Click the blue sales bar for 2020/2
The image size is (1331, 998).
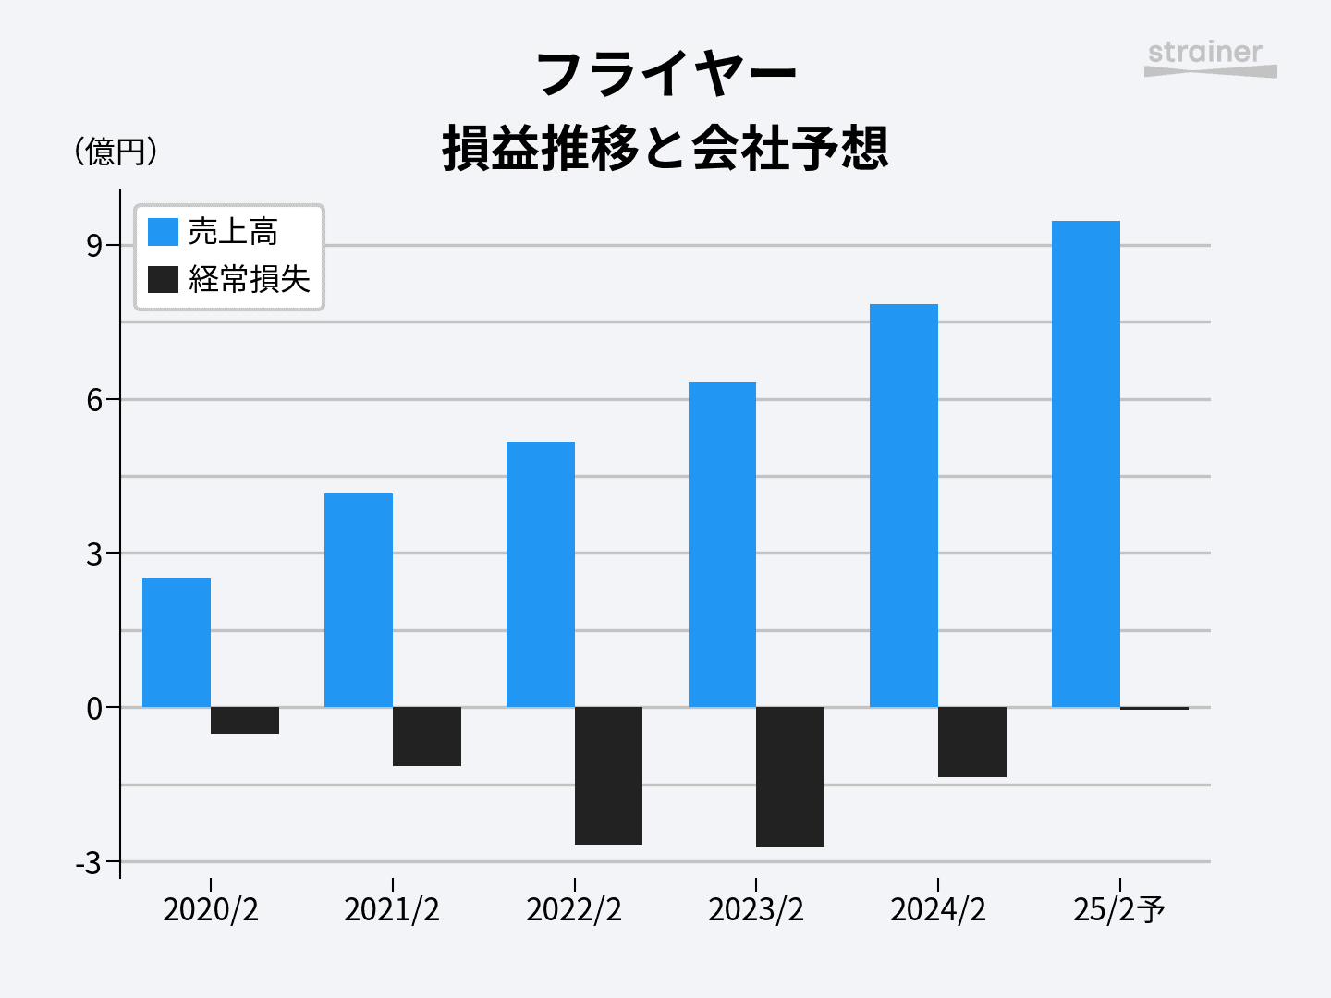(x=177, y=643)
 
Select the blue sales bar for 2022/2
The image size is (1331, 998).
(x=541, y=575)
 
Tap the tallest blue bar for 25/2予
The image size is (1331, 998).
(x=1086, y=464)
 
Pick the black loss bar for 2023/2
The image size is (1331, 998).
(x=790, y=777)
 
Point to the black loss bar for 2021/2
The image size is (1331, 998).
(x=427, y=736)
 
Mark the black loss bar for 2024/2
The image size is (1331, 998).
(x=972, y=742)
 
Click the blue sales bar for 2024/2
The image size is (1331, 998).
(x=904, y=505)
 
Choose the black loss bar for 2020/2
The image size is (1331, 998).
(x=245, y=721)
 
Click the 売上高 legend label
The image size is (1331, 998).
(x=233, y=232)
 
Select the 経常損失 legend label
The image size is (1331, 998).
(x=250, y=279)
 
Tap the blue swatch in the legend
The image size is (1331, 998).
(x=163, y=232)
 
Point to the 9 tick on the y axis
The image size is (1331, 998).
(x=94, y=246)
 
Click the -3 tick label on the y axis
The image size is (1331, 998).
(x=89, y=863)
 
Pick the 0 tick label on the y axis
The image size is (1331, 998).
(x=94, y=709)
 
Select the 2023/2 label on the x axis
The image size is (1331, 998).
(x=756, y=910)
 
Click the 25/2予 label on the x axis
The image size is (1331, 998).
(x=1119, y=910)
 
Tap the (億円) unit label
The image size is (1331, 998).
(x=116, y=152)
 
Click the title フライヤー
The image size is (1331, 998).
(x=665, y=74)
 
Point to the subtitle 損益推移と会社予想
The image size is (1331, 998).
(x=665, y=149)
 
